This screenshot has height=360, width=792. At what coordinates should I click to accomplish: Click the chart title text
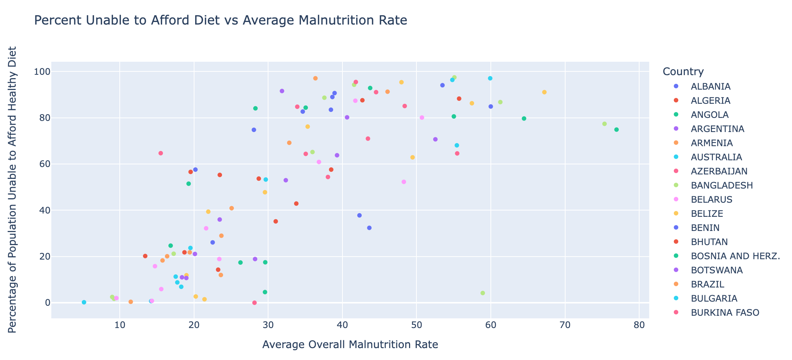coord(220,20)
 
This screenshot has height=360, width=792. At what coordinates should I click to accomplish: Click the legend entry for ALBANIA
coord(710,87)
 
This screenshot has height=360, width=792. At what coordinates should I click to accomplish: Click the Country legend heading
coord(683,72)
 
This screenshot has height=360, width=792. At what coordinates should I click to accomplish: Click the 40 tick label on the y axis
coord(44,210)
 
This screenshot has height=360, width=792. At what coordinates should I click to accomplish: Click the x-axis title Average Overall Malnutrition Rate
coord(350,345)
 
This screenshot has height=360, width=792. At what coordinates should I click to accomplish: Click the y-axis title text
coord(12,190)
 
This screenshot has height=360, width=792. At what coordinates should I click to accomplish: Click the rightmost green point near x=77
coord(616,130)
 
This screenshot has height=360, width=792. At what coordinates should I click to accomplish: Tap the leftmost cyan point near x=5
coord(84,302)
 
